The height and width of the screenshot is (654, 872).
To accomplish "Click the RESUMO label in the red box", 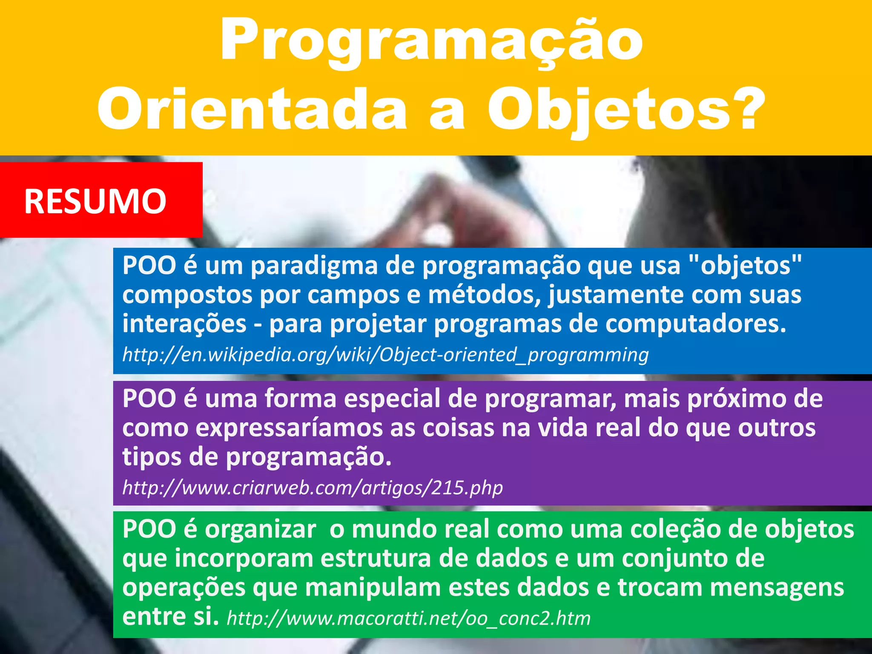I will click(95, 201).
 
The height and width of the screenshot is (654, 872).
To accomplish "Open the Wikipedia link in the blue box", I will click(385, 354).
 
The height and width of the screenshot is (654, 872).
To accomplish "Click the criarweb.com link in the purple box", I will click(313, 487).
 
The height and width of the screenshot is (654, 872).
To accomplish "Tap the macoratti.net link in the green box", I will click(409, 618).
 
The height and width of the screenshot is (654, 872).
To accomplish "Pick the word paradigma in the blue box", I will click(314, 266).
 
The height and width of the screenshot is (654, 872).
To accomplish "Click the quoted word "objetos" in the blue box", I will click(745, 265).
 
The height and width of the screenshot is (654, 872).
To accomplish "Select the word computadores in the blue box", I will click(695, 324).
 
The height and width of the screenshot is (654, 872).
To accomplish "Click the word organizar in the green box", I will click(260, 530).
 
